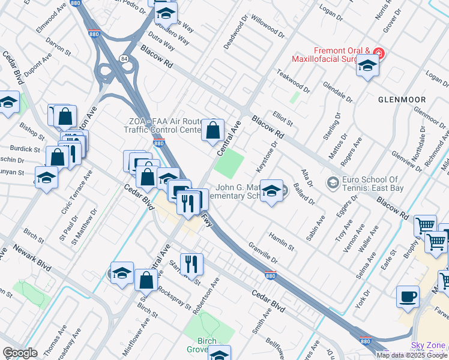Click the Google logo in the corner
(20, 353)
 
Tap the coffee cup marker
(408, 297)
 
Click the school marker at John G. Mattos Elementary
(271, 191)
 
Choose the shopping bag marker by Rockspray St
(146, 280)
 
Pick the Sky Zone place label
(428, 345)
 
